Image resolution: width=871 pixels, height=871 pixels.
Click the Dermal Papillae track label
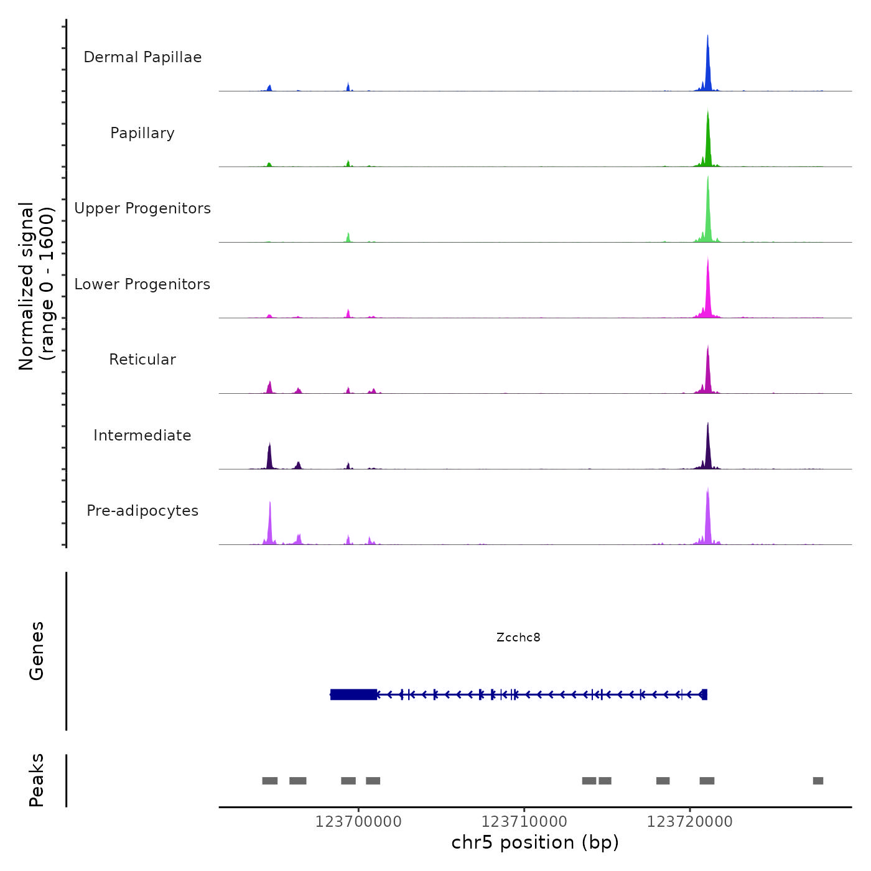coord(142,57)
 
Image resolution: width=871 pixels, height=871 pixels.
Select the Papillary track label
coord(142,133)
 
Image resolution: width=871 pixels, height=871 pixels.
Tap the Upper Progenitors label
coord(142,208)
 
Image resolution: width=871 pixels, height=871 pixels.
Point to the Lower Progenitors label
coord(142,284)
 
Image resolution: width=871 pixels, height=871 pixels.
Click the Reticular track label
coord(142,360)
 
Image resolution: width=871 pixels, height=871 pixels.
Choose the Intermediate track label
coord(142,435)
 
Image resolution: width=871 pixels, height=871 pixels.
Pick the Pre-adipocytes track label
coord(142,511)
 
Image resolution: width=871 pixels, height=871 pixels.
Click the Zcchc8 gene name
coord(518,637)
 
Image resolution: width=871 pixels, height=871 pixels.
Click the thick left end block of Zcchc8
coord(353,694)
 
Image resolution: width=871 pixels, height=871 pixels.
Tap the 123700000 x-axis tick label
coord(358,822)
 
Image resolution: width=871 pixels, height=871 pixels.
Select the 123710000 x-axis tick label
coord(524,822)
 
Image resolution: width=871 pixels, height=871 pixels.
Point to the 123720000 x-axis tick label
coord(689,822)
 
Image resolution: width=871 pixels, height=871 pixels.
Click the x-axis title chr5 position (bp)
coord(535,843)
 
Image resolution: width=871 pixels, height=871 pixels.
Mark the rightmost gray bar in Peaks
coord(818,781)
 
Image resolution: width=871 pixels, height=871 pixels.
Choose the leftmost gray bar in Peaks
coord(269,781)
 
